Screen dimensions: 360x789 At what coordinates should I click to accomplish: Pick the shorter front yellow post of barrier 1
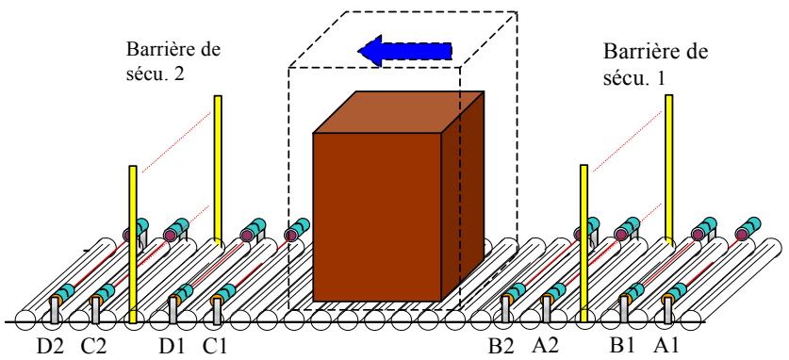pos(584,236)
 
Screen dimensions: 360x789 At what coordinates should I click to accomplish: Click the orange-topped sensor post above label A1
pos(669,308)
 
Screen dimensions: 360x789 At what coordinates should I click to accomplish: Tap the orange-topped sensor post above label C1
pos(217,308)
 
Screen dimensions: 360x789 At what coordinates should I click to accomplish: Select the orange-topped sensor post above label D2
pos(54,308)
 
